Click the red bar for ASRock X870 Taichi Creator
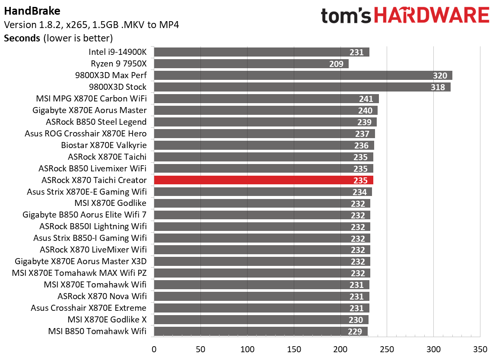[259, 180]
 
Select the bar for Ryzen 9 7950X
[251, 64]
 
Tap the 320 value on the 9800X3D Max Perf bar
[440, 76]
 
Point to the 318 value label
[439, 87]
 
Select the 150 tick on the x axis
[294, 349]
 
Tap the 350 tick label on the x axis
[480, 349]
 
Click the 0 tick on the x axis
[154, 349]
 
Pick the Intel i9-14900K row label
[118, 52]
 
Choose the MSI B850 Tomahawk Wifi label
[97, 332]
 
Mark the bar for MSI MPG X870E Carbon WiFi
[266, 99]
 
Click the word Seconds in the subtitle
[22, 38]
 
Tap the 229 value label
[356, 332]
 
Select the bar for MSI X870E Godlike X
[261, 320]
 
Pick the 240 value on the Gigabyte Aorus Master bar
[365, 111]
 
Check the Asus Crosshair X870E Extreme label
[89, 308]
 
